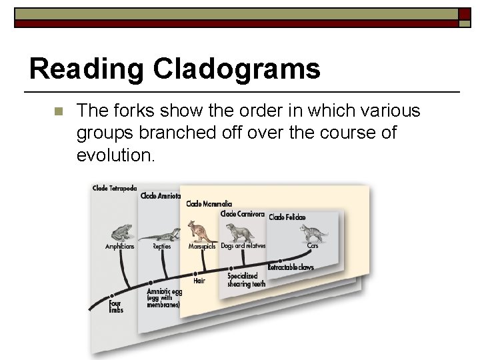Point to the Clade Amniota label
[x=160, y=196]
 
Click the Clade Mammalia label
[x=209, y=204]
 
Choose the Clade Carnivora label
[x=243, y=215]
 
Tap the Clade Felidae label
[x=287, y=217]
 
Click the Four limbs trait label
[x=116, y=307]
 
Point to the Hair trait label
[x=199, y=281]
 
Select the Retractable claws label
[x=291, y=267]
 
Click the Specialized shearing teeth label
[x=246, y=280]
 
